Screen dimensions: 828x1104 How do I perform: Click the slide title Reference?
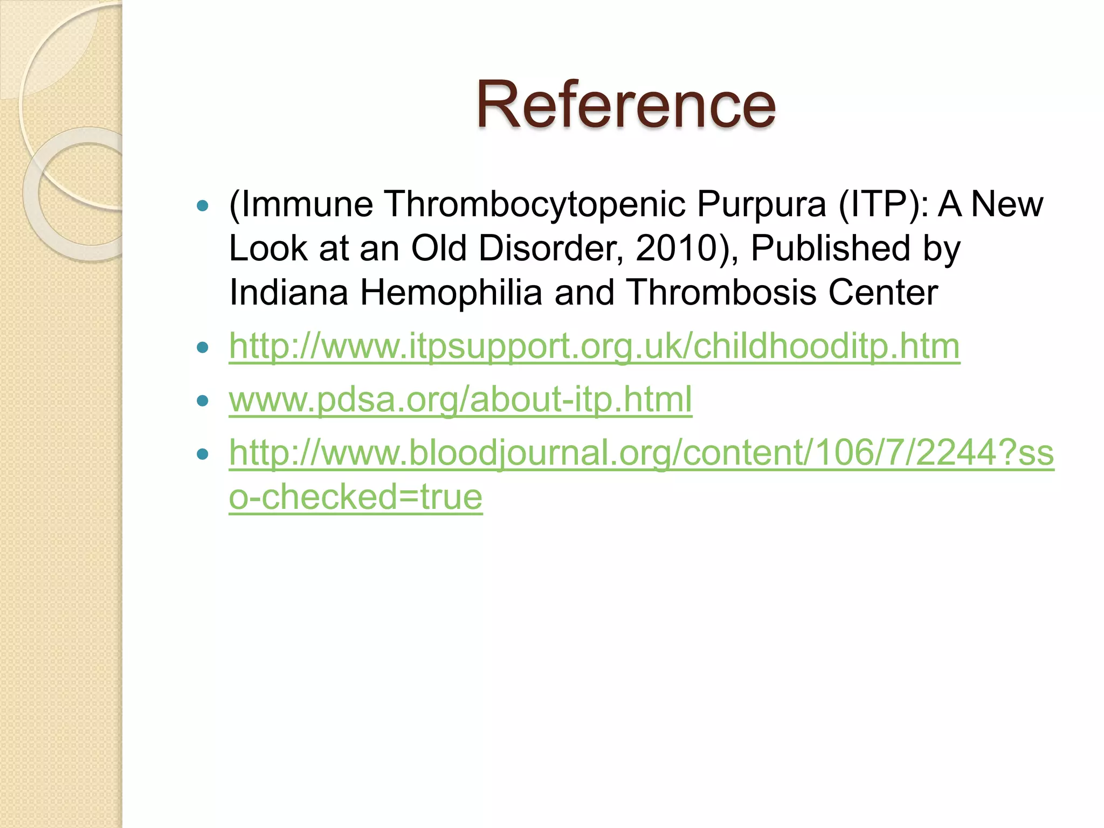click(625, 105)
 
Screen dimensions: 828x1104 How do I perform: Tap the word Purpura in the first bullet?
click(761, 204)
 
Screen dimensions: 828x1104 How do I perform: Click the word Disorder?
click(550, 249)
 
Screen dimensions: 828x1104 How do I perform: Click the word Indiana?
click(288, 293)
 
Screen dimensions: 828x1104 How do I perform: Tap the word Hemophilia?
click(451, 293)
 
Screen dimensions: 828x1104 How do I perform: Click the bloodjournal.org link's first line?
click(641, 453)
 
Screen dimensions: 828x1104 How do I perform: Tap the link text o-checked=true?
click(355, 497)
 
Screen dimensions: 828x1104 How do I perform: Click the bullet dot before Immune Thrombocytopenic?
click(203, 205)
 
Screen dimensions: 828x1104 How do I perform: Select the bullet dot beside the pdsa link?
click(203, 401)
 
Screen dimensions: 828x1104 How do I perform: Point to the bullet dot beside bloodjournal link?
click(203, 454)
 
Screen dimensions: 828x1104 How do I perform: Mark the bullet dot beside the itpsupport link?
click(203, 347)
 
